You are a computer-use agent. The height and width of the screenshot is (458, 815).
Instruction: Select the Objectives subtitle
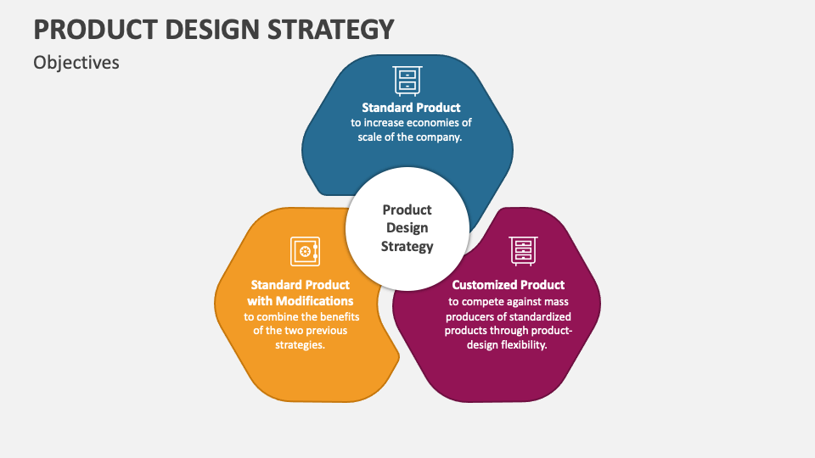pos(76,63)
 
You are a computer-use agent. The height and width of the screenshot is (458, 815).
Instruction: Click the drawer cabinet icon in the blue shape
pos(407,80)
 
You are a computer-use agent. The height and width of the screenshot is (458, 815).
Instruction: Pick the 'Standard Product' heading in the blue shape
pos(411,108)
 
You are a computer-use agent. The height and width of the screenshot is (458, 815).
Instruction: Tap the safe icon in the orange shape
pos(305,251)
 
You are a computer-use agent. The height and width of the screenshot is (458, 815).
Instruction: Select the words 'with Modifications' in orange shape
pos(301,301)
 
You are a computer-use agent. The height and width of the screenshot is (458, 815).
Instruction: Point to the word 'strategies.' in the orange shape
pos(301,345)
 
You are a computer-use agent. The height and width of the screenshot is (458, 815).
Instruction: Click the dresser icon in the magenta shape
pos(523,251)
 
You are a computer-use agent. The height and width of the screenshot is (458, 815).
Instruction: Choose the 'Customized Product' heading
pos(508,285)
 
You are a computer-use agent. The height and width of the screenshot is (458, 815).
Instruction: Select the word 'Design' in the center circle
pos(407,227)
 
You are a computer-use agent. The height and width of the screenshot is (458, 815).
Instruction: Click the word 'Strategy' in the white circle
pos(407,246)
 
